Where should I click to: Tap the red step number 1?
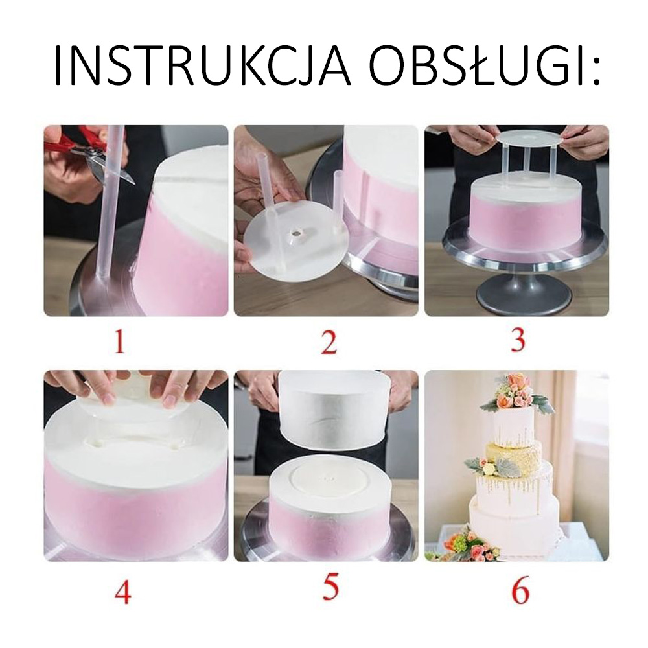click(119, 342)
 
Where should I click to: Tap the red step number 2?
click(329, 342)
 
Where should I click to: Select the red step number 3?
click(518, 340)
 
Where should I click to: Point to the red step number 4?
click(122, 592)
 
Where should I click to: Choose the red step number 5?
click(330, 587)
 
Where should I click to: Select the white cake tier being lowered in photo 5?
click(335, 410)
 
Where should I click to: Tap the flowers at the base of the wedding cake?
click(462, 541)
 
